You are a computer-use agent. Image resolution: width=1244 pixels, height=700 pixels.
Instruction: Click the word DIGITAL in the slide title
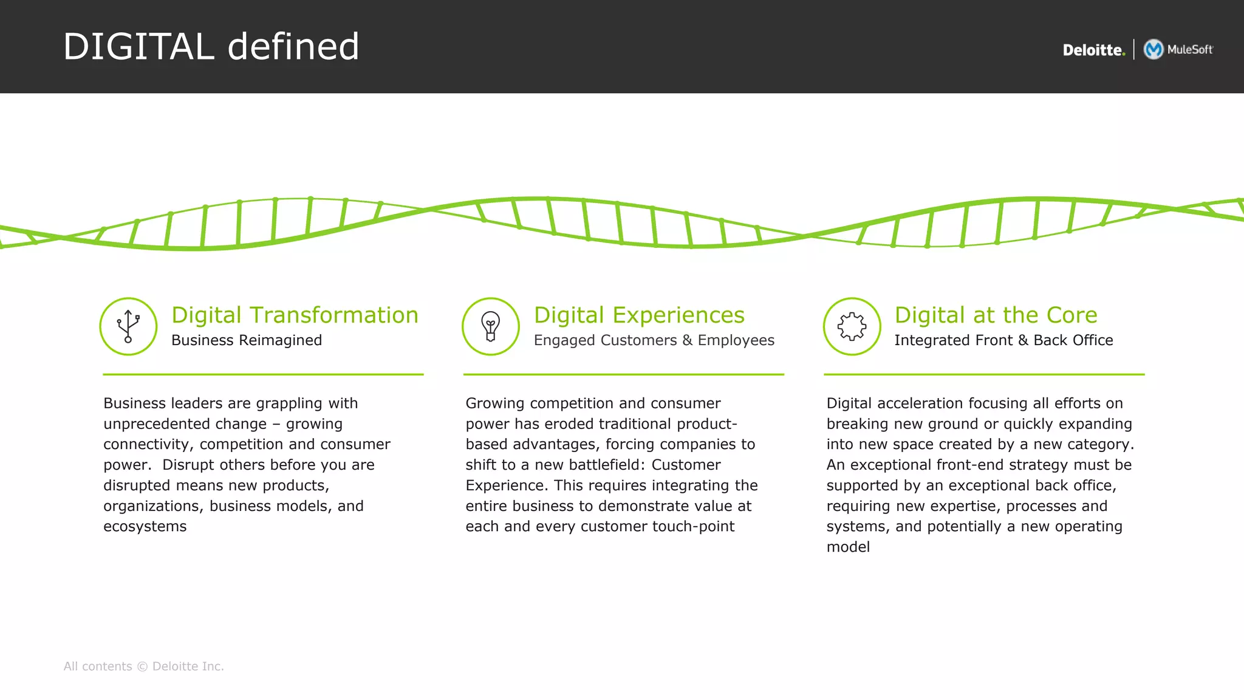point(138,47)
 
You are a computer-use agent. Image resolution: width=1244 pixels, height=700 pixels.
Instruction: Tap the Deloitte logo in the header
point(1093,50)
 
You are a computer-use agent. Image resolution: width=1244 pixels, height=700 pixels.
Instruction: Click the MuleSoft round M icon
point(1153,49)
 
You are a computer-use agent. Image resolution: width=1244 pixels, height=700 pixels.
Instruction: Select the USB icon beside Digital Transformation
point(128,326)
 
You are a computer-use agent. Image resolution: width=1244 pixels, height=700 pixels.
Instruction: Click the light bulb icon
point(491,326)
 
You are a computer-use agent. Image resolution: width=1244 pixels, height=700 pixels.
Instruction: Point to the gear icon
point(852,326)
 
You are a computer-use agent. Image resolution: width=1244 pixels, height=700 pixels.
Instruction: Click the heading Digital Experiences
point(639,315)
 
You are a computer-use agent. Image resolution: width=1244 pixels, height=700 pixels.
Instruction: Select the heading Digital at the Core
point(996,315)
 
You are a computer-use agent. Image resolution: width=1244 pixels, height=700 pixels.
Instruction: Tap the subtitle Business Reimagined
point(247,340)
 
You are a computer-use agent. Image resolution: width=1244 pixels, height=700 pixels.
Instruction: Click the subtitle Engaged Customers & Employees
point(654,340)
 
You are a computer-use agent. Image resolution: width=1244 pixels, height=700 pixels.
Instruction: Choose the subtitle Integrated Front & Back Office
point(1003,340)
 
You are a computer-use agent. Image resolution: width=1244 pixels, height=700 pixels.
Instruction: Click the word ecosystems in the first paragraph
point(145,527)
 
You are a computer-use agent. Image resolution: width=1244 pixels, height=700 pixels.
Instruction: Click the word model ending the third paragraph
point(848,547)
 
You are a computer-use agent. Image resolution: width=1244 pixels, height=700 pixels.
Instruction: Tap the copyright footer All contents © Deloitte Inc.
point(144,667)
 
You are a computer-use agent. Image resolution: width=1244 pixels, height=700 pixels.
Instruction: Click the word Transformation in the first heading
point(333,315)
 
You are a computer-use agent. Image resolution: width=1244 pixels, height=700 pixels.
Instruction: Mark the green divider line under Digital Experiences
point(623,374)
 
